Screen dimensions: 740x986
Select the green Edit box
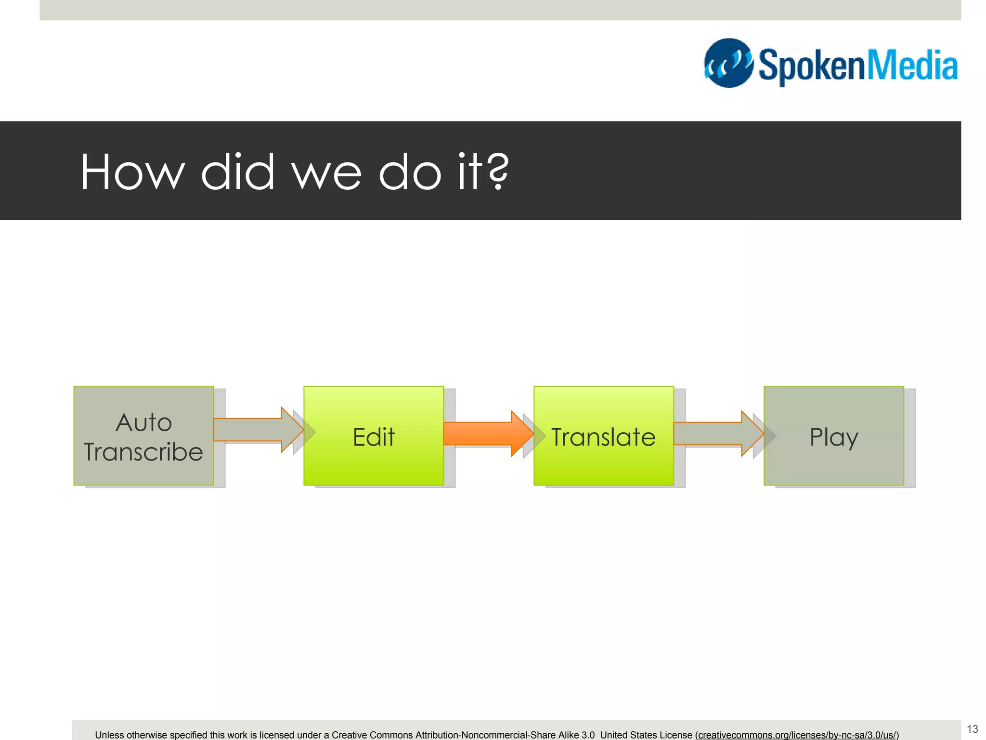tap(374, 436)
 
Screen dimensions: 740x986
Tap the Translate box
tap(603, 436)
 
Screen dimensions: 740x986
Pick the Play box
tap(833, 436)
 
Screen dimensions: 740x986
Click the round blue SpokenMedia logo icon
tap(728, 63)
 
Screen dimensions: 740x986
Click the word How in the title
tap(132, 172)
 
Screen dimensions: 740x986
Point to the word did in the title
tap(237, 172)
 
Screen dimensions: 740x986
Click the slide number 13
tap(972, 729)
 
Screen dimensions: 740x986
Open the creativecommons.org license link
tap(797, 735)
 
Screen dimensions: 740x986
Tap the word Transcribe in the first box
tap(143, 452)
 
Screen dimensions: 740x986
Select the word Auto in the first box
tap(143, 423)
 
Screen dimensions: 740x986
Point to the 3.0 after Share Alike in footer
tap(588, 735)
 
